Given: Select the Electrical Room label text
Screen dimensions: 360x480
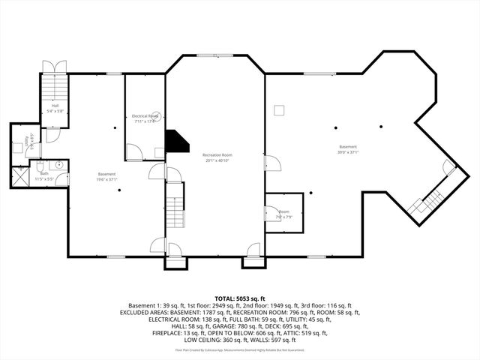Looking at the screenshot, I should (x=145, y=116).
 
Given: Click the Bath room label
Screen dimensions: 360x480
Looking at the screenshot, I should (x=44, y=173).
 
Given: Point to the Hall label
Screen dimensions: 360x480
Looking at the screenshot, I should (x=55, y=106).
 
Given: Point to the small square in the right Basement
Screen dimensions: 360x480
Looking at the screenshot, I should (x=279, y=110).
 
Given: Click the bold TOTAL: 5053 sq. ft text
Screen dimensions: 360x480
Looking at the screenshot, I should (x=239, y=298).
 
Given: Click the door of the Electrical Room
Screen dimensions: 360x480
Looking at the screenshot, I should (x=133, y=152).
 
